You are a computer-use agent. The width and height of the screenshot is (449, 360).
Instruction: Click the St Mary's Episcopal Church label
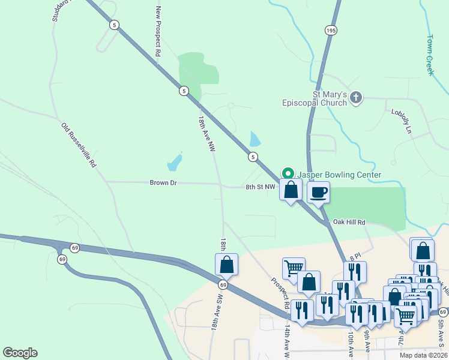point(315,98)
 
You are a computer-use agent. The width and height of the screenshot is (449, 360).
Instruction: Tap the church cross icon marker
point(356,98)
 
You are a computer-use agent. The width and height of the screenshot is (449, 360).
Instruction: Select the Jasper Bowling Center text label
point(340,175)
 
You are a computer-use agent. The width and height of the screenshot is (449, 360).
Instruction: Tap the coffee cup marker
point(318,193)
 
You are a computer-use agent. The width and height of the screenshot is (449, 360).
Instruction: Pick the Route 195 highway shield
point(331,30)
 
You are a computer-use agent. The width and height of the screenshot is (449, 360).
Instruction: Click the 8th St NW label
point(260,187)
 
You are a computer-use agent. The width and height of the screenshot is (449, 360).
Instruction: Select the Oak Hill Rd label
point(349,222)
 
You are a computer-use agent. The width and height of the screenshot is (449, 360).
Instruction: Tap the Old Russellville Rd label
point(79,145)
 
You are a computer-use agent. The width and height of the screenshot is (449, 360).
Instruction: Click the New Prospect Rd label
point(158,31)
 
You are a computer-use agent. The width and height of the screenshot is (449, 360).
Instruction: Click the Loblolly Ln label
point(402,121)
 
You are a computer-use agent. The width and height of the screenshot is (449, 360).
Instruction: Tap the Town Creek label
point(430,54)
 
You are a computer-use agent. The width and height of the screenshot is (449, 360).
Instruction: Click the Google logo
point(20,353)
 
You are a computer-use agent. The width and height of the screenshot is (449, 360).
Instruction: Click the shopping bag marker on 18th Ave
point(227,264)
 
